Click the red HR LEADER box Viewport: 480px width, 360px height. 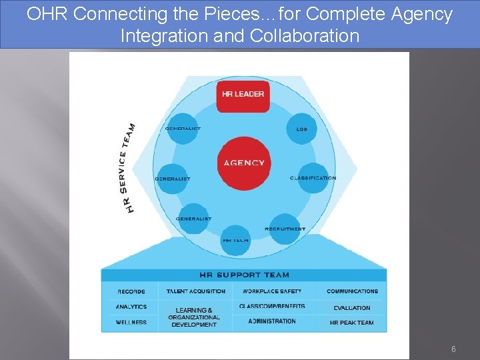[x=243, y=94]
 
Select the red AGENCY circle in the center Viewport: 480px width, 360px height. [x=244, y=163]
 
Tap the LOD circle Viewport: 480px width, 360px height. [x=301, y=129]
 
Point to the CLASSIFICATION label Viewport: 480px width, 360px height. [x=313, y=178]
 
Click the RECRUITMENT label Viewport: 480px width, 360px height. [x=285, y=229]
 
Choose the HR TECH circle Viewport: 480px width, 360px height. [x=236, y=240]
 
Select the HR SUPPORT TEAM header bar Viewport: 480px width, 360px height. [x=244, y=275]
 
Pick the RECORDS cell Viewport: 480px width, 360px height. [x=131, y=291]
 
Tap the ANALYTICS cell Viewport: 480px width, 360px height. [x=131, y=307]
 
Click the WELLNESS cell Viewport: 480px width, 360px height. [x=131, y=323]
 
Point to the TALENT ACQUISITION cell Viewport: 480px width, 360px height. [x=196, y=291]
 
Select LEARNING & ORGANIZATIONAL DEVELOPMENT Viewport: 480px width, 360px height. [x=194, y=317]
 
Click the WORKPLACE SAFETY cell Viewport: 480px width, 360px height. [x=272, y=291]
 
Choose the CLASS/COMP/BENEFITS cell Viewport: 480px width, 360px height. [x=272, y=306]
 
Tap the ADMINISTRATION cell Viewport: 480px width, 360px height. [x=272, y=321]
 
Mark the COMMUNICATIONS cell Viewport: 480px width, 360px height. [x=352, y=291]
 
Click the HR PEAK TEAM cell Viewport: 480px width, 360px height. [x=352, y=323]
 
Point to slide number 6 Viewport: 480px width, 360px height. [x=453, y=349]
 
